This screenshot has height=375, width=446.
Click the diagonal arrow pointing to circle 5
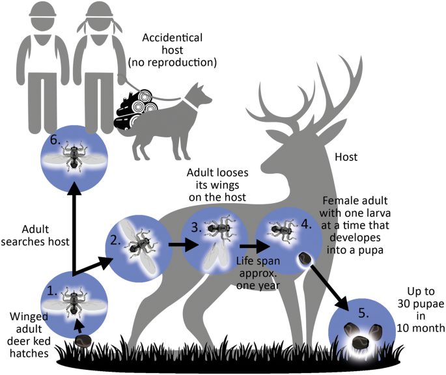pos(326,292)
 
